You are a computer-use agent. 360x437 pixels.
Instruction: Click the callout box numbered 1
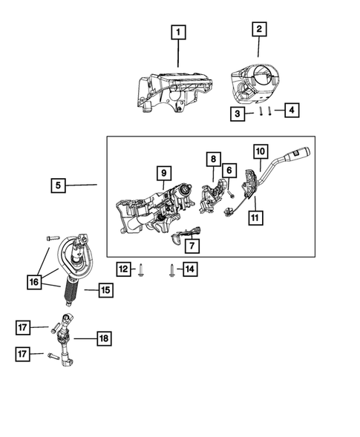179,33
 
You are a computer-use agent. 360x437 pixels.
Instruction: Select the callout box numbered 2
258,30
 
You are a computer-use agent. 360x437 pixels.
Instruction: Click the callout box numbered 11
255,218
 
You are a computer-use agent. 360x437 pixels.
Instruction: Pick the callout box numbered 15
105,291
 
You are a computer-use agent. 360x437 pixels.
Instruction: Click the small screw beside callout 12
141,270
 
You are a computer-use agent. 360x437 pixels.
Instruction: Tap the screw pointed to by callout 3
262,112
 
